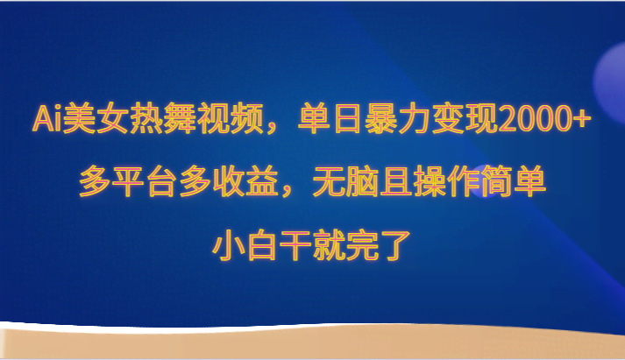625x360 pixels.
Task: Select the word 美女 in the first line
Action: [x=95, y=118]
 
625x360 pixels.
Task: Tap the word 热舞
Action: [x=162, y=118]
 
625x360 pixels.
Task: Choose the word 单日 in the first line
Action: [x=330, y=118]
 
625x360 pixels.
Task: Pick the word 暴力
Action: [x=398, y=118]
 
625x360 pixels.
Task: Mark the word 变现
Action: [x=465, y=118]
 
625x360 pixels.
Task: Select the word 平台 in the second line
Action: [x=146, y=182]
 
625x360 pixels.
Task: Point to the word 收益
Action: [x=245, y=182]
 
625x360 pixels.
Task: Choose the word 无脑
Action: [x=346, y=182]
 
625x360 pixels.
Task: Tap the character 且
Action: [x=396, y=182]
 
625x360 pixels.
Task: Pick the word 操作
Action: [x=446, y=182]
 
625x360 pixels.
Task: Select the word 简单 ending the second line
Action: [x=514, y=182]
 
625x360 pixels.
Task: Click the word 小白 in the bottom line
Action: [x=245, y=246]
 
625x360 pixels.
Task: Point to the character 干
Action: [x=295, y=246]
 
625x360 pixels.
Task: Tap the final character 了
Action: [x=395, y=246]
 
